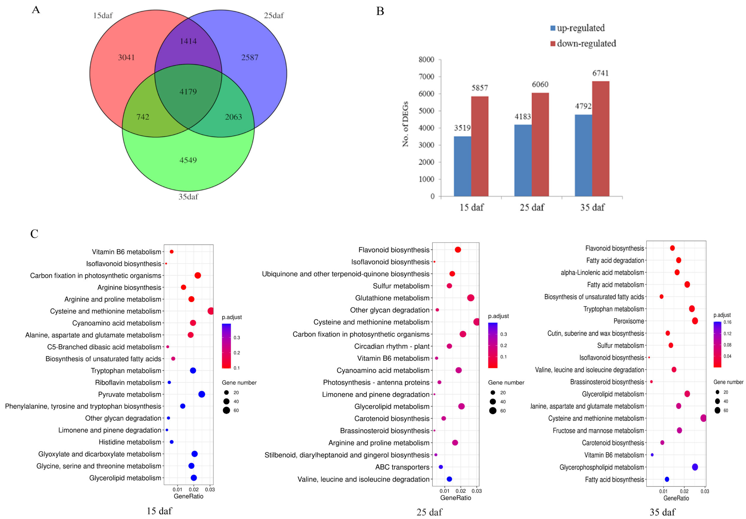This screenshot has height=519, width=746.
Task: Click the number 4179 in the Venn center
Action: click(188, 92)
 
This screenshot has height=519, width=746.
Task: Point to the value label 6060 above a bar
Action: click(540, 84)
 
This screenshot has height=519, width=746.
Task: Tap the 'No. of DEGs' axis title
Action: click(405, 124)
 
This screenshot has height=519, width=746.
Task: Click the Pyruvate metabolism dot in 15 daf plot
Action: click(201, 394)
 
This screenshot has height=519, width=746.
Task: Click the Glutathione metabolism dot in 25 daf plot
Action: click(470, 298)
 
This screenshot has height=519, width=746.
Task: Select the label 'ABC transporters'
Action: click(402, 467)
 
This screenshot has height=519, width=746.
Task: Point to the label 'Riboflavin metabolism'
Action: click(128, 383)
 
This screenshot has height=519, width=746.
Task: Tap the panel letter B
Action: click(380, 11)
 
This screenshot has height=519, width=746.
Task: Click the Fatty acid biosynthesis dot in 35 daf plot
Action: click(667, 479)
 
